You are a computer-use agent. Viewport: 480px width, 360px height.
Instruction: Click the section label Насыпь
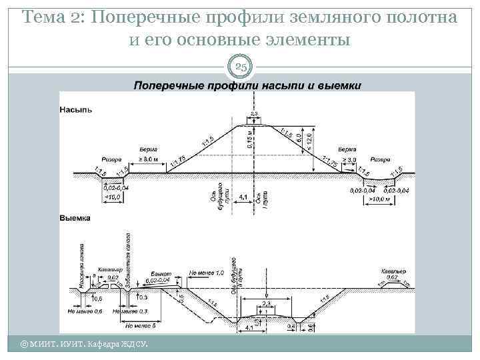[x=76, y=109]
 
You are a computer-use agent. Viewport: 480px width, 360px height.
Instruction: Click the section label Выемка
[x=75, y=218]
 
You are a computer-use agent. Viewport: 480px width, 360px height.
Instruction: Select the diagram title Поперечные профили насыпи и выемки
[x=247, y=85]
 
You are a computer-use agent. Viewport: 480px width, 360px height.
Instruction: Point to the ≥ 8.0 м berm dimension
[x=148, y=160]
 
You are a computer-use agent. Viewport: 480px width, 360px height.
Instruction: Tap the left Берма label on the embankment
[x=149, y=150]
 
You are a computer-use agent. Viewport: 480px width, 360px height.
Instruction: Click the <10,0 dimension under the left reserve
[x=112, y=197]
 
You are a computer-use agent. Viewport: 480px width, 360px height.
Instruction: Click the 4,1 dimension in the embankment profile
[x=243, y=197]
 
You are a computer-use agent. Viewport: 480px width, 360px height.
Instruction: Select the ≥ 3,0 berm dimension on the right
[x=348, y=160]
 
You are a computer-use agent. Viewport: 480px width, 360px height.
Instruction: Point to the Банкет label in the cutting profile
[x=161, y=274]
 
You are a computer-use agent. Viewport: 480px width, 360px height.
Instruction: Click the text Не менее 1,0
[x=207, y=273]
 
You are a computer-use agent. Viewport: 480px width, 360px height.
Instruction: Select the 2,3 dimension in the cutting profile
[x=266, y=303]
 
